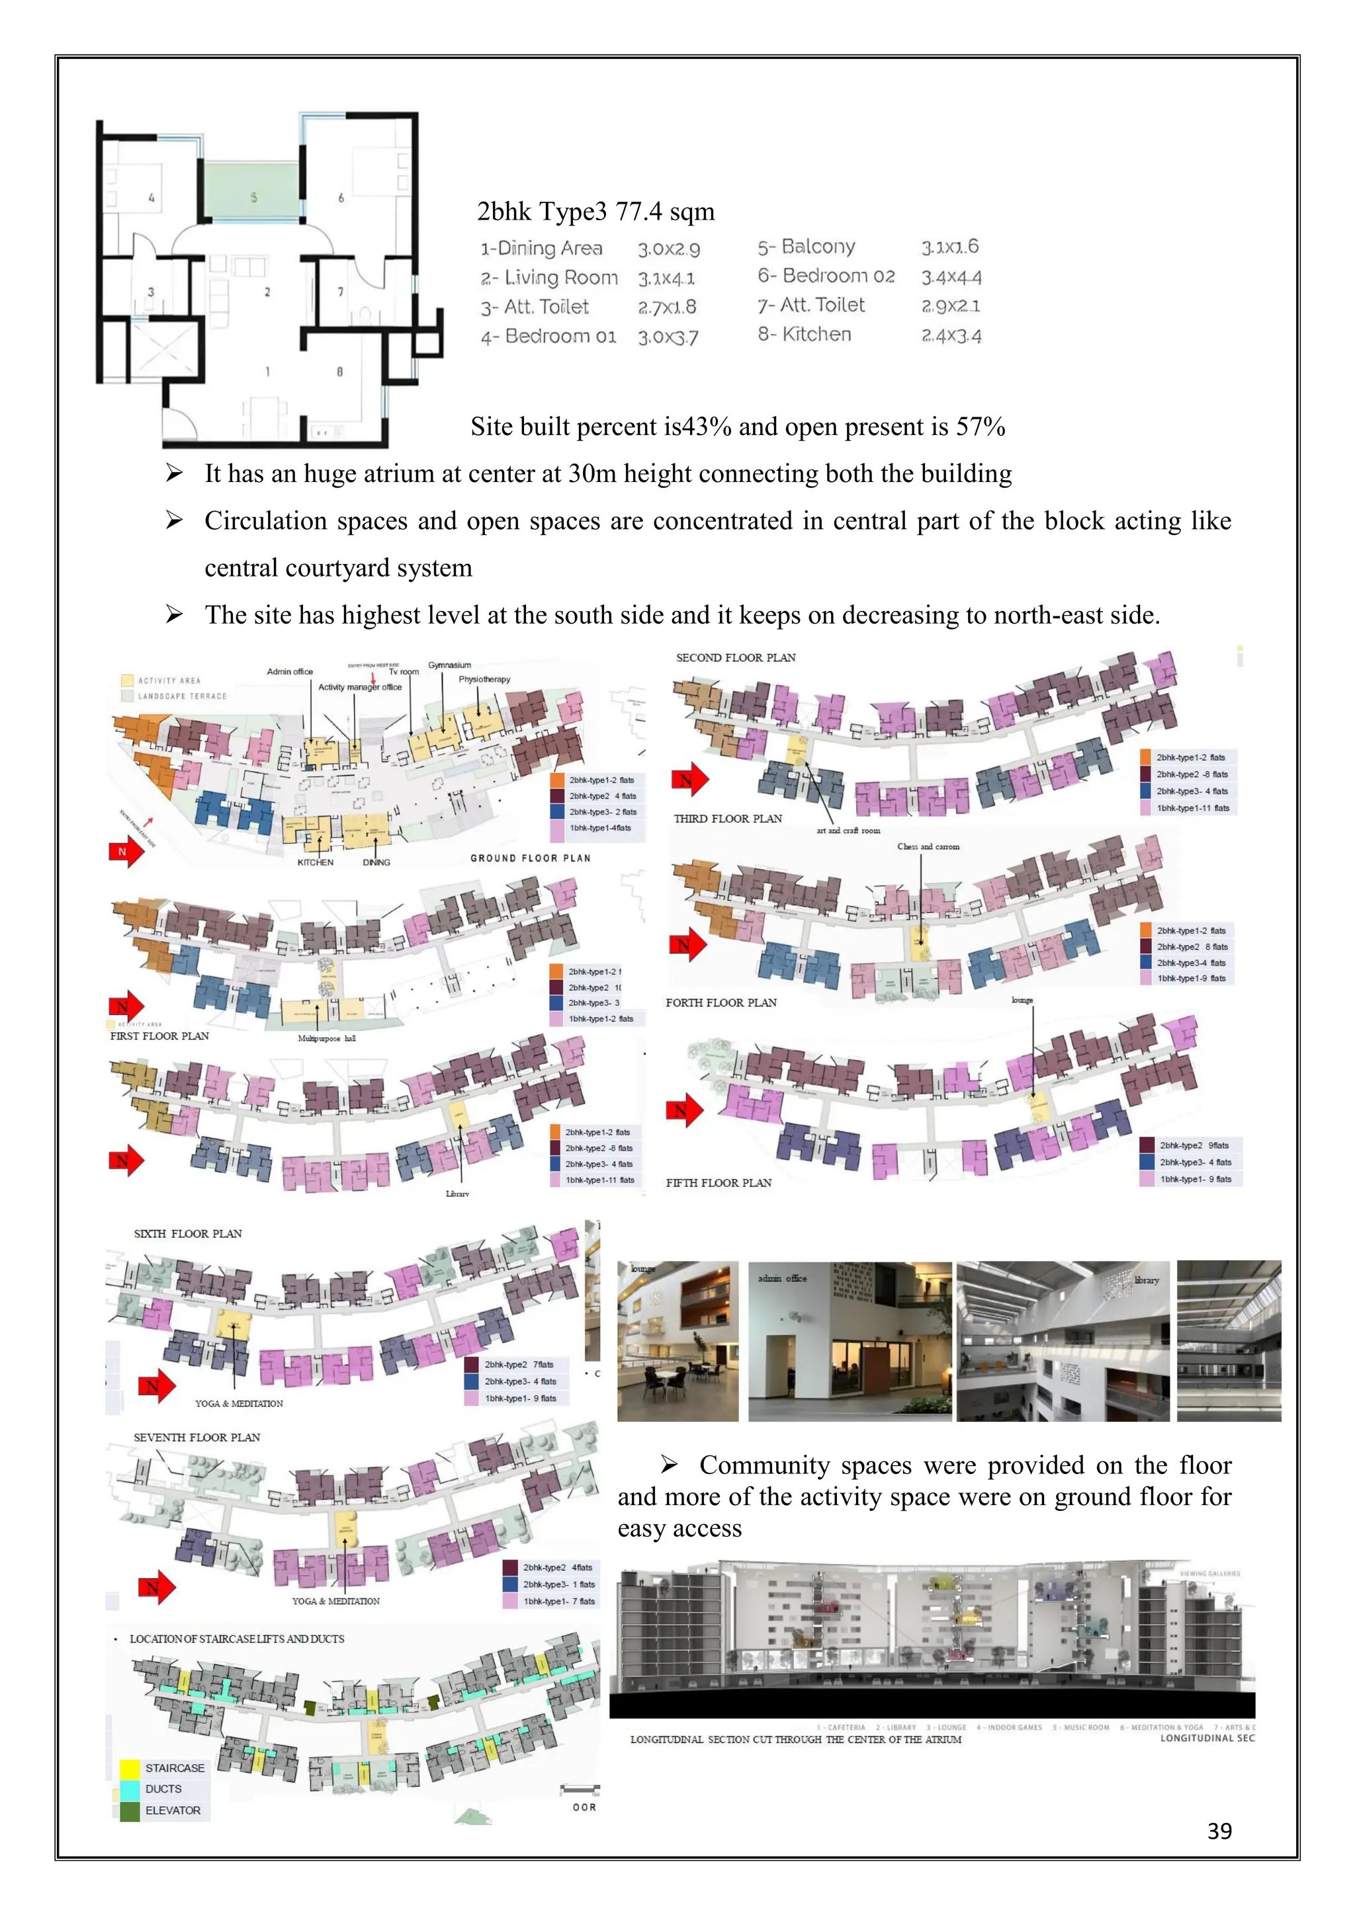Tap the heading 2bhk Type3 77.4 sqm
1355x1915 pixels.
click(595, 212)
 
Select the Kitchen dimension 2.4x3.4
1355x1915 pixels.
click(951, 335)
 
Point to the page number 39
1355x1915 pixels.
click(1219, 1831)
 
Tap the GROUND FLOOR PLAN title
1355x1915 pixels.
click(530, 858)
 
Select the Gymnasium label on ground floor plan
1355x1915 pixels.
click(450, 665)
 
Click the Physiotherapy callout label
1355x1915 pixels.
click(484, 679)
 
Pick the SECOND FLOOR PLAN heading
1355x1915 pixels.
click(735, 657)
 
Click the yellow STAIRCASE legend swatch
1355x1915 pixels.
click(129, 1768)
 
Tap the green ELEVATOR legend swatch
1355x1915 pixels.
click(129, 1811)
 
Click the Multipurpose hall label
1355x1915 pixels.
click(326, 1038)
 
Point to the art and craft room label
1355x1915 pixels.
click(848, 831)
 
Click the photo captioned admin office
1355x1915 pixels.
click(849, 1341)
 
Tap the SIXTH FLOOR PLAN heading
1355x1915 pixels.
click(188, 1233)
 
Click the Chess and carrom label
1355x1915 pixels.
click(928, 846)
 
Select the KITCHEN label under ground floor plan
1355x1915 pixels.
click(316, 862)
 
